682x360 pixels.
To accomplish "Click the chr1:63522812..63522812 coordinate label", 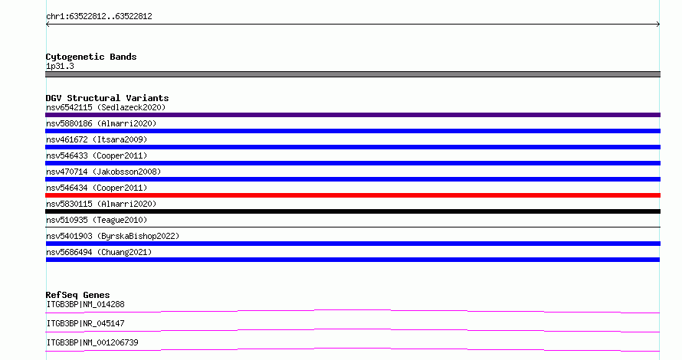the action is (x=99, y=17).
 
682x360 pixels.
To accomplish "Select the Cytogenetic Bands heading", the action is (x=91, y=57).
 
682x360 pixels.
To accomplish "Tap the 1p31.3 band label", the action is (x=60, y=66).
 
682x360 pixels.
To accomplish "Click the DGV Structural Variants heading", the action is (x=107, y=98).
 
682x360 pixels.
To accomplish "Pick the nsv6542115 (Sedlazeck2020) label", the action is (x=106, y=107).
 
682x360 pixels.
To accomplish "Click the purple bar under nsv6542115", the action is (x=352, y=115).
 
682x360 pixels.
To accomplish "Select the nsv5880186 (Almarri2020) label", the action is (x=101, y=123).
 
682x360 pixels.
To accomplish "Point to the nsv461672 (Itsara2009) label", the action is (x=97, y=139).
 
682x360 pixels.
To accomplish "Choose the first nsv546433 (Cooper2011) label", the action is (x=97, y=155).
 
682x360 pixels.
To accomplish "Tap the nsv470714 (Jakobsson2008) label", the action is (x=103, y=172).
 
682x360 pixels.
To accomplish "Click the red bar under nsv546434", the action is (x=352, y=195).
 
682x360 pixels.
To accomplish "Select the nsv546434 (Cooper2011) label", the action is (x=97, y=188).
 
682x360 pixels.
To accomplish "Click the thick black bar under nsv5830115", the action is (x=352, y=211).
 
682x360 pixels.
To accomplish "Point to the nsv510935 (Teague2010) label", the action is (x=97, y=220).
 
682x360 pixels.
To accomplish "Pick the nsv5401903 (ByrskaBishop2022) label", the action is (x=113, y=236).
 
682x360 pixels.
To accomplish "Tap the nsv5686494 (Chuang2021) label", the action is (x=99, y=252).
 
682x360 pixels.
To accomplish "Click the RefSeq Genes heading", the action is (x=77, y=295).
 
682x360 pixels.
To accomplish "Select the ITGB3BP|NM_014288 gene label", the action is (x=85, y=304).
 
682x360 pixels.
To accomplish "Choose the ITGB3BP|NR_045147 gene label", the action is (x=85, y=323).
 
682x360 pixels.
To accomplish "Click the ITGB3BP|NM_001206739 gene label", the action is (x=92, y=342).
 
